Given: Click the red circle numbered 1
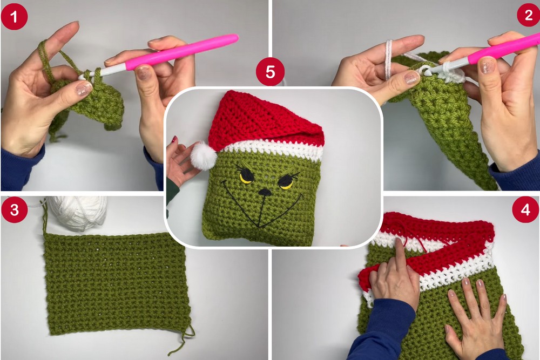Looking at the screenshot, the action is [x=14, y=17].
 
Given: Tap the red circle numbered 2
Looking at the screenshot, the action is [x=529, y=15].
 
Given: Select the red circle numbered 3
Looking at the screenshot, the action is [x=14, y=209].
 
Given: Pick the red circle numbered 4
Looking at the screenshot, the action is [x=525, y=209].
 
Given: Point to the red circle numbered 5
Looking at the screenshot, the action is [x=271, y=72].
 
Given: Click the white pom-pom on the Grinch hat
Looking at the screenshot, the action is [x=204, y=157].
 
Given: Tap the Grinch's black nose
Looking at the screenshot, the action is [x=265, y=192].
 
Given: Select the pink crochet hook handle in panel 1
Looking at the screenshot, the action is [x=182, y=52].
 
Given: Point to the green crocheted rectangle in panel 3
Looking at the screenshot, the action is [x=117, y=284].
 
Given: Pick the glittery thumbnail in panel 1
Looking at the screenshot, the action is [x=83, y=89].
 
